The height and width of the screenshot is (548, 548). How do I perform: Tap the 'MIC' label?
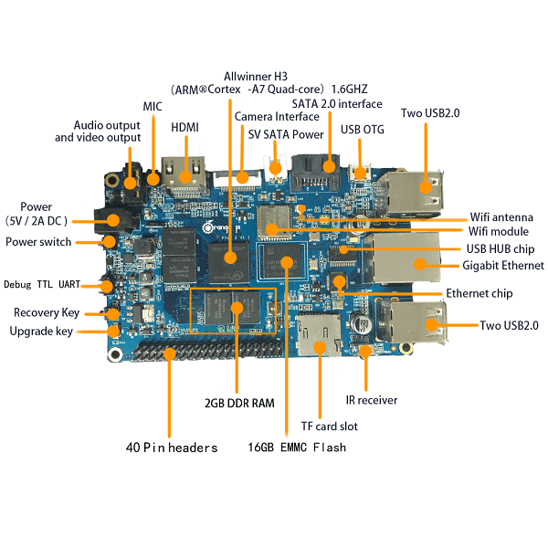point(153,107)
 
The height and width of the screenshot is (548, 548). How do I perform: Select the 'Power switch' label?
point(38,242)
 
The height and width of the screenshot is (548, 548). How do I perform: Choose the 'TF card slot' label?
point(330,426)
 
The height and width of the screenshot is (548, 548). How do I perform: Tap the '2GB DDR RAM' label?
point(239,402)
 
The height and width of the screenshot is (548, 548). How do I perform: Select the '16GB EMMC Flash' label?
point(297,448)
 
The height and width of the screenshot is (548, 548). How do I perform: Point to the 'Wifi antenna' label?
point(501,217)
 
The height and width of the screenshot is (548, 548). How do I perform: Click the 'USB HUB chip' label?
point(500,248)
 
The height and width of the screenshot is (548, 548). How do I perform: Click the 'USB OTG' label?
point(362,129)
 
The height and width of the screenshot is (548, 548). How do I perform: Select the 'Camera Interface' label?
point(278,117)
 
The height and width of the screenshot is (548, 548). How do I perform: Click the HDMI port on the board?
point(187,174)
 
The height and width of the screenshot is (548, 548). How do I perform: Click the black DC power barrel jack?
point(116,220)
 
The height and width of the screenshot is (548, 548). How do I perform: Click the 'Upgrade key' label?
point(41,331)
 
